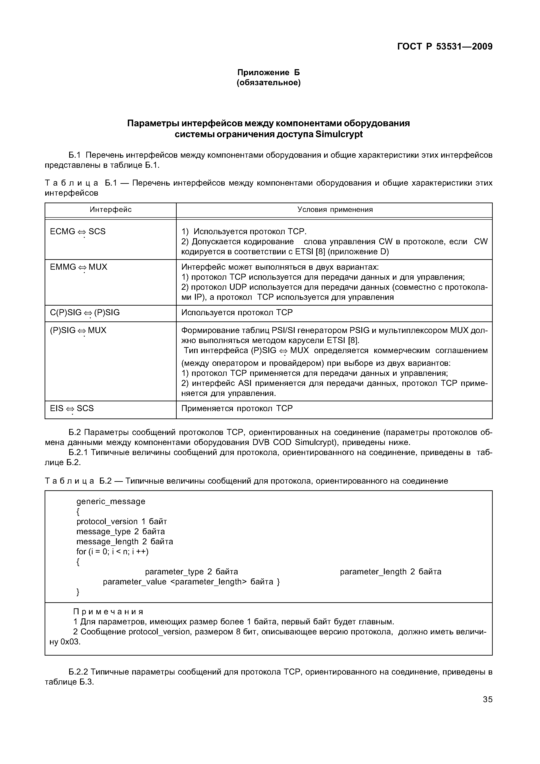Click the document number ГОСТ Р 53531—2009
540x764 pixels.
click(x=445, y=47)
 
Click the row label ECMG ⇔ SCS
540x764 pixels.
click(x=78, y=232)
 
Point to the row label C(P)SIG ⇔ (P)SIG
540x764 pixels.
click(x=85, y=313)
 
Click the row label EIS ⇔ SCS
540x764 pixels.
click(x=72, y=408)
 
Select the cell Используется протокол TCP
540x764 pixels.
click(x=237, y=313)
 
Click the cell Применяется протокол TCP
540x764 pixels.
click(x=237, y=408)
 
